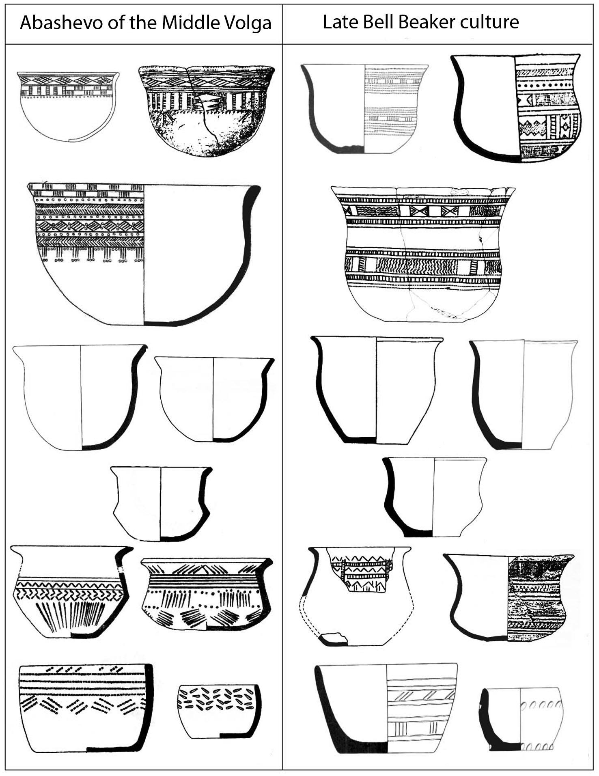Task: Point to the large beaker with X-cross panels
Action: pyautogui.click(x=422, y=254)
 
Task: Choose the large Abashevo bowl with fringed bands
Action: pyautogui.click(x=144, y=254)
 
